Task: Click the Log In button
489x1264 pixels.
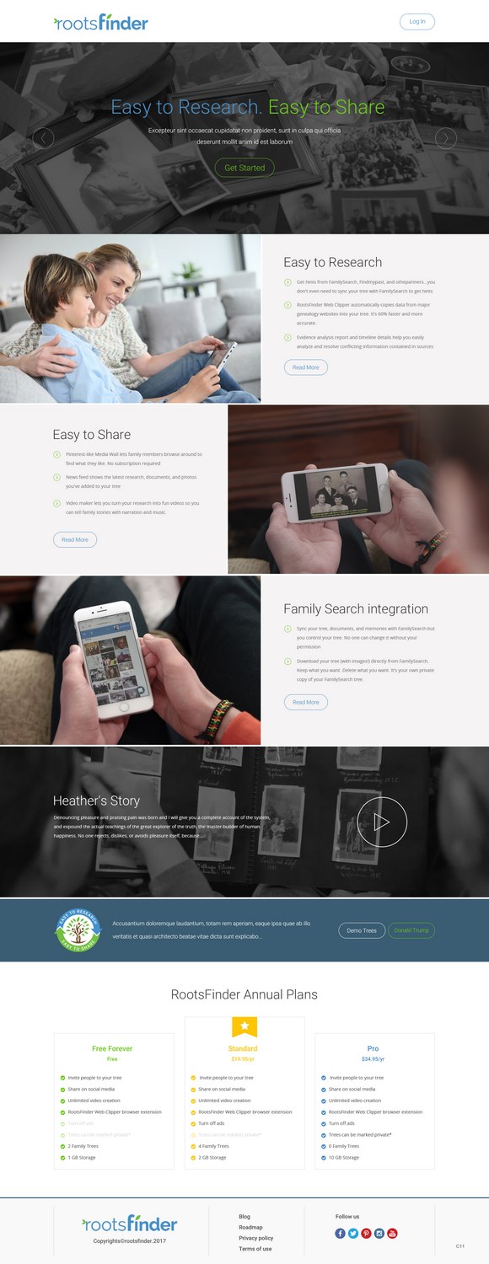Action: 416,22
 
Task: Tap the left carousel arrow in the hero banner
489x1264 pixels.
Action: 43,138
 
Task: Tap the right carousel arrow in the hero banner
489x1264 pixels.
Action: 445,138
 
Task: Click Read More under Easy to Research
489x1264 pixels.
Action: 305,367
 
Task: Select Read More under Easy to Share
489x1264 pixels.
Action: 75,539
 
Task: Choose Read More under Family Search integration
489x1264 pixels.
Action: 305,702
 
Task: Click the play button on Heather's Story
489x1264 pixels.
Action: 382,822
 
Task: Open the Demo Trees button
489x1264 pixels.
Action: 362,930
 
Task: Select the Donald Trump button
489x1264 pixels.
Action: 411,930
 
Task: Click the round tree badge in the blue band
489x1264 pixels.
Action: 78,930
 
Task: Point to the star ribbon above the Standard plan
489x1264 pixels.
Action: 244,1026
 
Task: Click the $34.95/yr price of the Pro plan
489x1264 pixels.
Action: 373,1059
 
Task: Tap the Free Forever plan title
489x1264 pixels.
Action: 112,1048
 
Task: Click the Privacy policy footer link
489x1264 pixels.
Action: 255,1238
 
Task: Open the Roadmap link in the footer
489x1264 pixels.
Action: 250,1227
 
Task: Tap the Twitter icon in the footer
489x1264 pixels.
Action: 353,1234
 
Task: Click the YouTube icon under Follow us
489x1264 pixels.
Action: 392,1234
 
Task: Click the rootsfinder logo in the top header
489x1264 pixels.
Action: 101,23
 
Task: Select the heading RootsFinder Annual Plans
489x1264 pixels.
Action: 244,994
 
